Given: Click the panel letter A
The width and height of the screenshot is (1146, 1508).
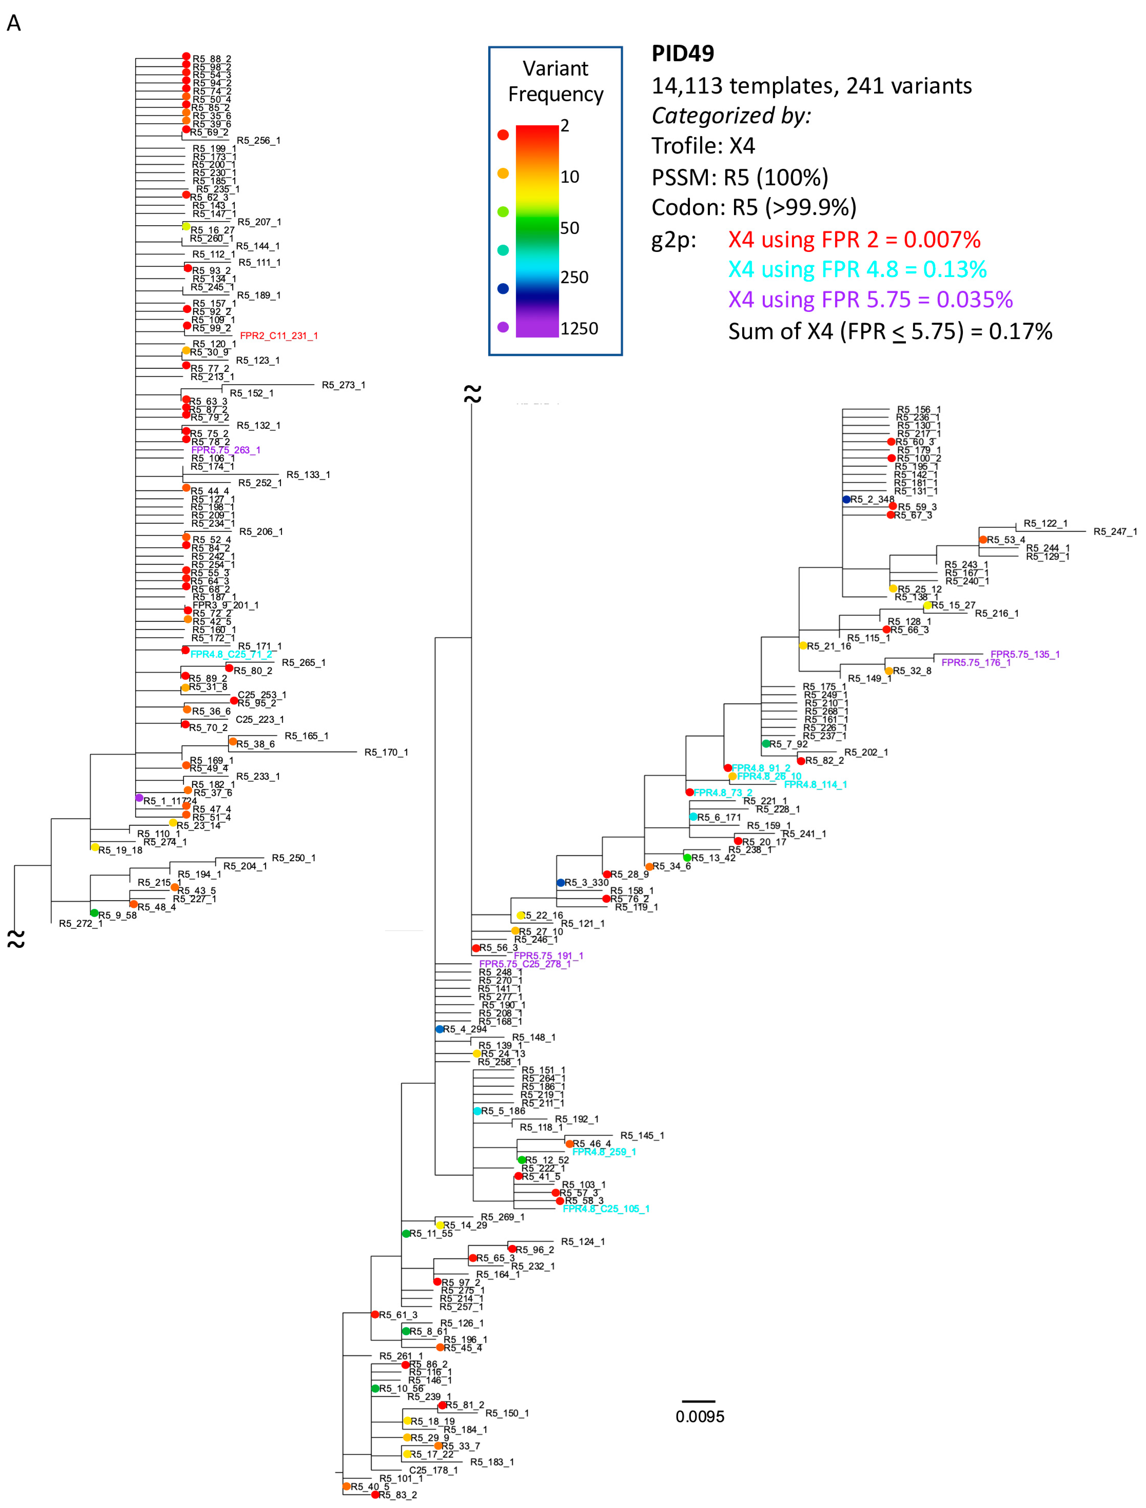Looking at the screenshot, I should click(x=14, y=23).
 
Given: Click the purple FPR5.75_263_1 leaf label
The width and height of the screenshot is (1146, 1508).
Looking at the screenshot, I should click(x=226, y=450).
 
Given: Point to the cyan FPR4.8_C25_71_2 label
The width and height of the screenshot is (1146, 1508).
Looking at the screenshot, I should click(x=231, y=654).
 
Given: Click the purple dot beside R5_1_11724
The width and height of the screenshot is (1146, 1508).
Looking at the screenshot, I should click(x=139, y=797).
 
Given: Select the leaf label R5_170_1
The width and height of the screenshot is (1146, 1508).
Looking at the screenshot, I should click(x=386, y=752).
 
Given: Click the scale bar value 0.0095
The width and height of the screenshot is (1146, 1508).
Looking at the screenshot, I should click(x=700, y=1416).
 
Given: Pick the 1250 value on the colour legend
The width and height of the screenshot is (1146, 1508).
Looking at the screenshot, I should click(x=579, y=329).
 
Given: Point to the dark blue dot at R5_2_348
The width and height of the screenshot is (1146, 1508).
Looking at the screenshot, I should click(x=846, y=499).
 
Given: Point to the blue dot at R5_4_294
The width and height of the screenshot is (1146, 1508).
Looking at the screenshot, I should click(x=440, y=1029).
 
